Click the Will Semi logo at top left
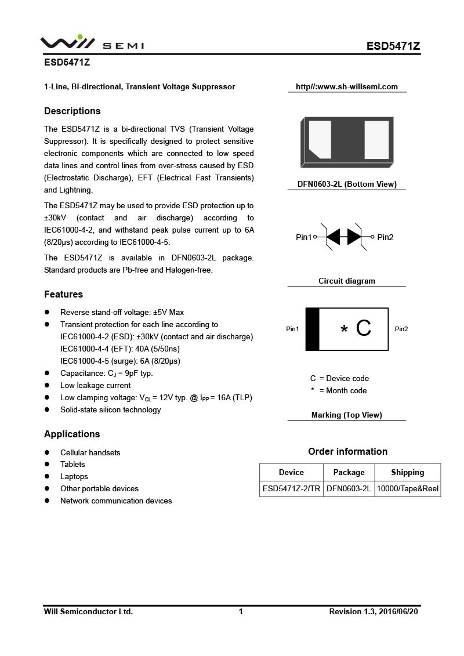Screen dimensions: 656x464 (x=92, y=44)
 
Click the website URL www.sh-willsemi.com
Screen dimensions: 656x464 (x=347, y=87)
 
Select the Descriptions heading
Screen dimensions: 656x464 (x=72, y=111)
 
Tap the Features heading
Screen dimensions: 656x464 (x=63, y=294)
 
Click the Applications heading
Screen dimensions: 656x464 (x=72, y=434)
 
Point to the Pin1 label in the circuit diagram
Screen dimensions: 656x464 (x=303, y=237)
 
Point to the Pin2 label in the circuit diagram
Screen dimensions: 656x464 (x=385, y=237)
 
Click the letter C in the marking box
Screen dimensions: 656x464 (x=364, y=329)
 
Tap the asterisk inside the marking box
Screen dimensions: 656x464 (x=344, y=330)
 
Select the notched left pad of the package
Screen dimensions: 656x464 (x=320, y=139)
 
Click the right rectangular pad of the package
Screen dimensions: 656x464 (x=376, y=139)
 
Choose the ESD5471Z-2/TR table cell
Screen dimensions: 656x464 (x=291, y=489)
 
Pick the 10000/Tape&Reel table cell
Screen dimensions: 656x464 (x=408, y=489)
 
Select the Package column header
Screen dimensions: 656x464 (x=349, y=472)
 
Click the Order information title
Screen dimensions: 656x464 (x=347, y=451)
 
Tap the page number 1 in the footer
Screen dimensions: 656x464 (x=241, y=611)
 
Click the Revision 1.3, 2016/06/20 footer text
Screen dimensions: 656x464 (x=373, y=611)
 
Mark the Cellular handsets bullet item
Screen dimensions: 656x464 (x=90, y=452)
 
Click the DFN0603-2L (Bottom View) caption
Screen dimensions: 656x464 (x=347, y=184)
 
